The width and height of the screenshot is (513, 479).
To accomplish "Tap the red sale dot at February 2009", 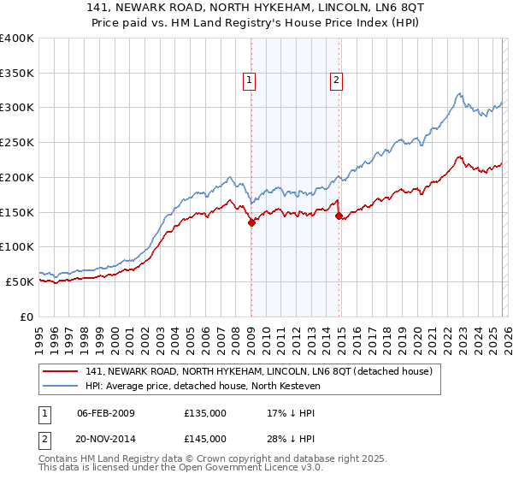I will (251, 222).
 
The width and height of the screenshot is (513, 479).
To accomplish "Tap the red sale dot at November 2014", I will (339, 216).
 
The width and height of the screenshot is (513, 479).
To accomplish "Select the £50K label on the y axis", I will (20, 281).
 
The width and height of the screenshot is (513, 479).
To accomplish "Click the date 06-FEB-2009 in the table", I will (106, 412).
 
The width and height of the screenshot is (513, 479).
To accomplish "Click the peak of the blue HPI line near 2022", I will (459, 93).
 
